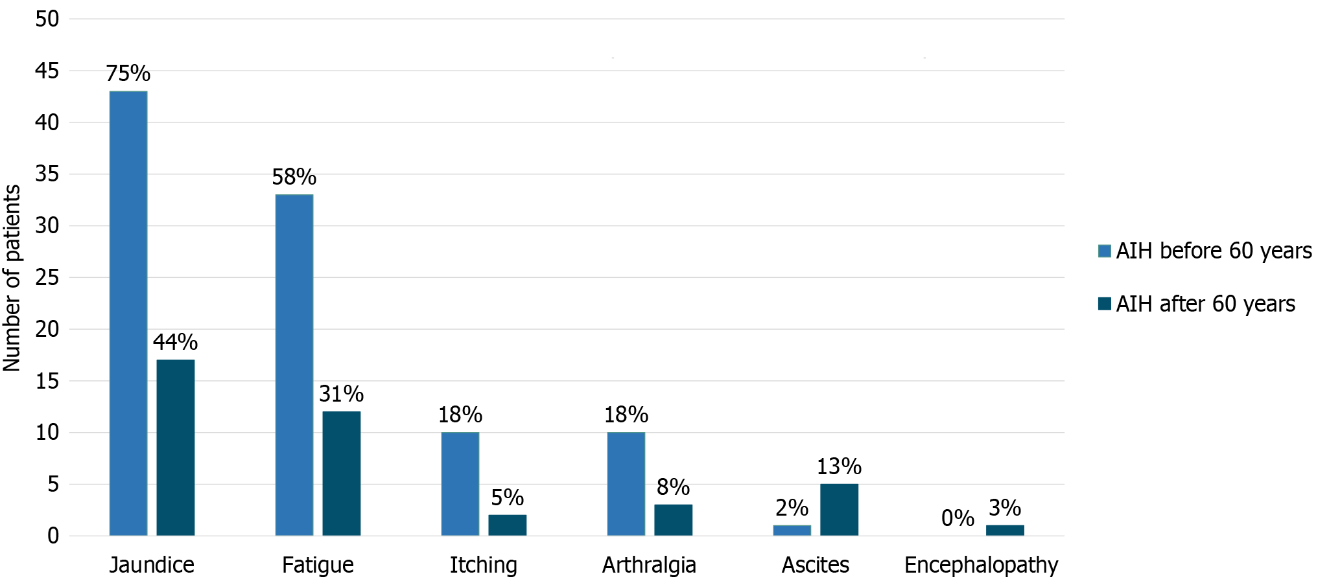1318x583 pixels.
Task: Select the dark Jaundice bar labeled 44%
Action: pos(176,447)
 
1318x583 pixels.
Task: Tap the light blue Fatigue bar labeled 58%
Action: pos(294,365)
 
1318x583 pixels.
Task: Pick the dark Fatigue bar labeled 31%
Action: pos(342,473)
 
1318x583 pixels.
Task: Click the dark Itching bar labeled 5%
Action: pos(508,525)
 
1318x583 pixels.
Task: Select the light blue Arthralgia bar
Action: pos(626,483)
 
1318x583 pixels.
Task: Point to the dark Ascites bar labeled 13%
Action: pos(839,509)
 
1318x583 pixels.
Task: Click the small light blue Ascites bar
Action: pos(792,530)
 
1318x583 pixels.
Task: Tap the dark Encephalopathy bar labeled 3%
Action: pos(1005,530)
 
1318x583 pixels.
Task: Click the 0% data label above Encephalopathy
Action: pos(958,518)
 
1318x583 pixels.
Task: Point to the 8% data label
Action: pos(673,487)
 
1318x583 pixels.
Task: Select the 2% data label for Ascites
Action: pos(792,508)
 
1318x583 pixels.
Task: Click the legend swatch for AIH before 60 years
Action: pos(1104,251)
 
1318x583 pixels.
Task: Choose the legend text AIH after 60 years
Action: pos(1205,304)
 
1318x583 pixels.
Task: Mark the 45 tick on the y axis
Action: pos(47,71)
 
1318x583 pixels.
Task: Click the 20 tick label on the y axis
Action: pos(47,329)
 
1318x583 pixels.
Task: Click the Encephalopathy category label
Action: pos(981,565)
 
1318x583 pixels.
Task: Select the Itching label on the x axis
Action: pos(484,565)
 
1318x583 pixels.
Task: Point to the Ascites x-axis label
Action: pos(815,565)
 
